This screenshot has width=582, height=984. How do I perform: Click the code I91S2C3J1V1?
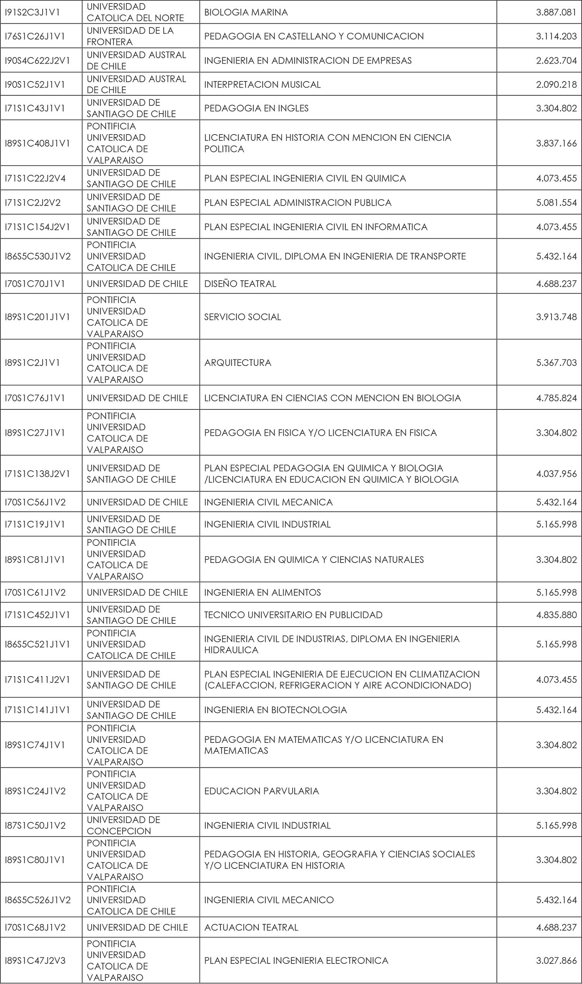32,12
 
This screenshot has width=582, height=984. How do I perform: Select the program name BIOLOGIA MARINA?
246,12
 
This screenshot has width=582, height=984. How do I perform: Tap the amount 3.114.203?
556,36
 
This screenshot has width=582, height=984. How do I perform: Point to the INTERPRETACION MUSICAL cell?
262,85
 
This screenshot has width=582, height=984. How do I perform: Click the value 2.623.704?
556,61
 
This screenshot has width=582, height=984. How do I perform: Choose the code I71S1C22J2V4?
35,178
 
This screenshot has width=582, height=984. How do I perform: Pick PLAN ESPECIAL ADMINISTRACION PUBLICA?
298,203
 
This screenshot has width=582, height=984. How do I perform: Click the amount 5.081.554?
556,203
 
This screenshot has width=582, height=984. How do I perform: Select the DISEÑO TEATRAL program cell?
240,284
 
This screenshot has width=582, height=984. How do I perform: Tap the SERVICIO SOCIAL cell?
242,317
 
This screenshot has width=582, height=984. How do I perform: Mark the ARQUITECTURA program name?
238,363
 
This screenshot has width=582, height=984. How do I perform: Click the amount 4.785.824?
556,398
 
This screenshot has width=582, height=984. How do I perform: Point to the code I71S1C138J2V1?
37,474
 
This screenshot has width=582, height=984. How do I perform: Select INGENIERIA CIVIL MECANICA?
268,502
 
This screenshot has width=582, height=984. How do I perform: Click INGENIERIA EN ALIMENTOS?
262,592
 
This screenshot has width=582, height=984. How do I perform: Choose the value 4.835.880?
556,615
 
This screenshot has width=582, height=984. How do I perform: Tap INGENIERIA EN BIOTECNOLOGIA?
275,710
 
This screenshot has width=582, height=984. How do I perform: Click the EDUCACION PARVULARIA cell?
262,791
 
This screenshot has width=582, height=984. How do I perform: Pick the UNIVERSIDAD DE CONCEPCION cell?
123,825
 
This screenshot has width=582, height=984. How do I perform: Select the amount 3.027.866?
556,960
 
